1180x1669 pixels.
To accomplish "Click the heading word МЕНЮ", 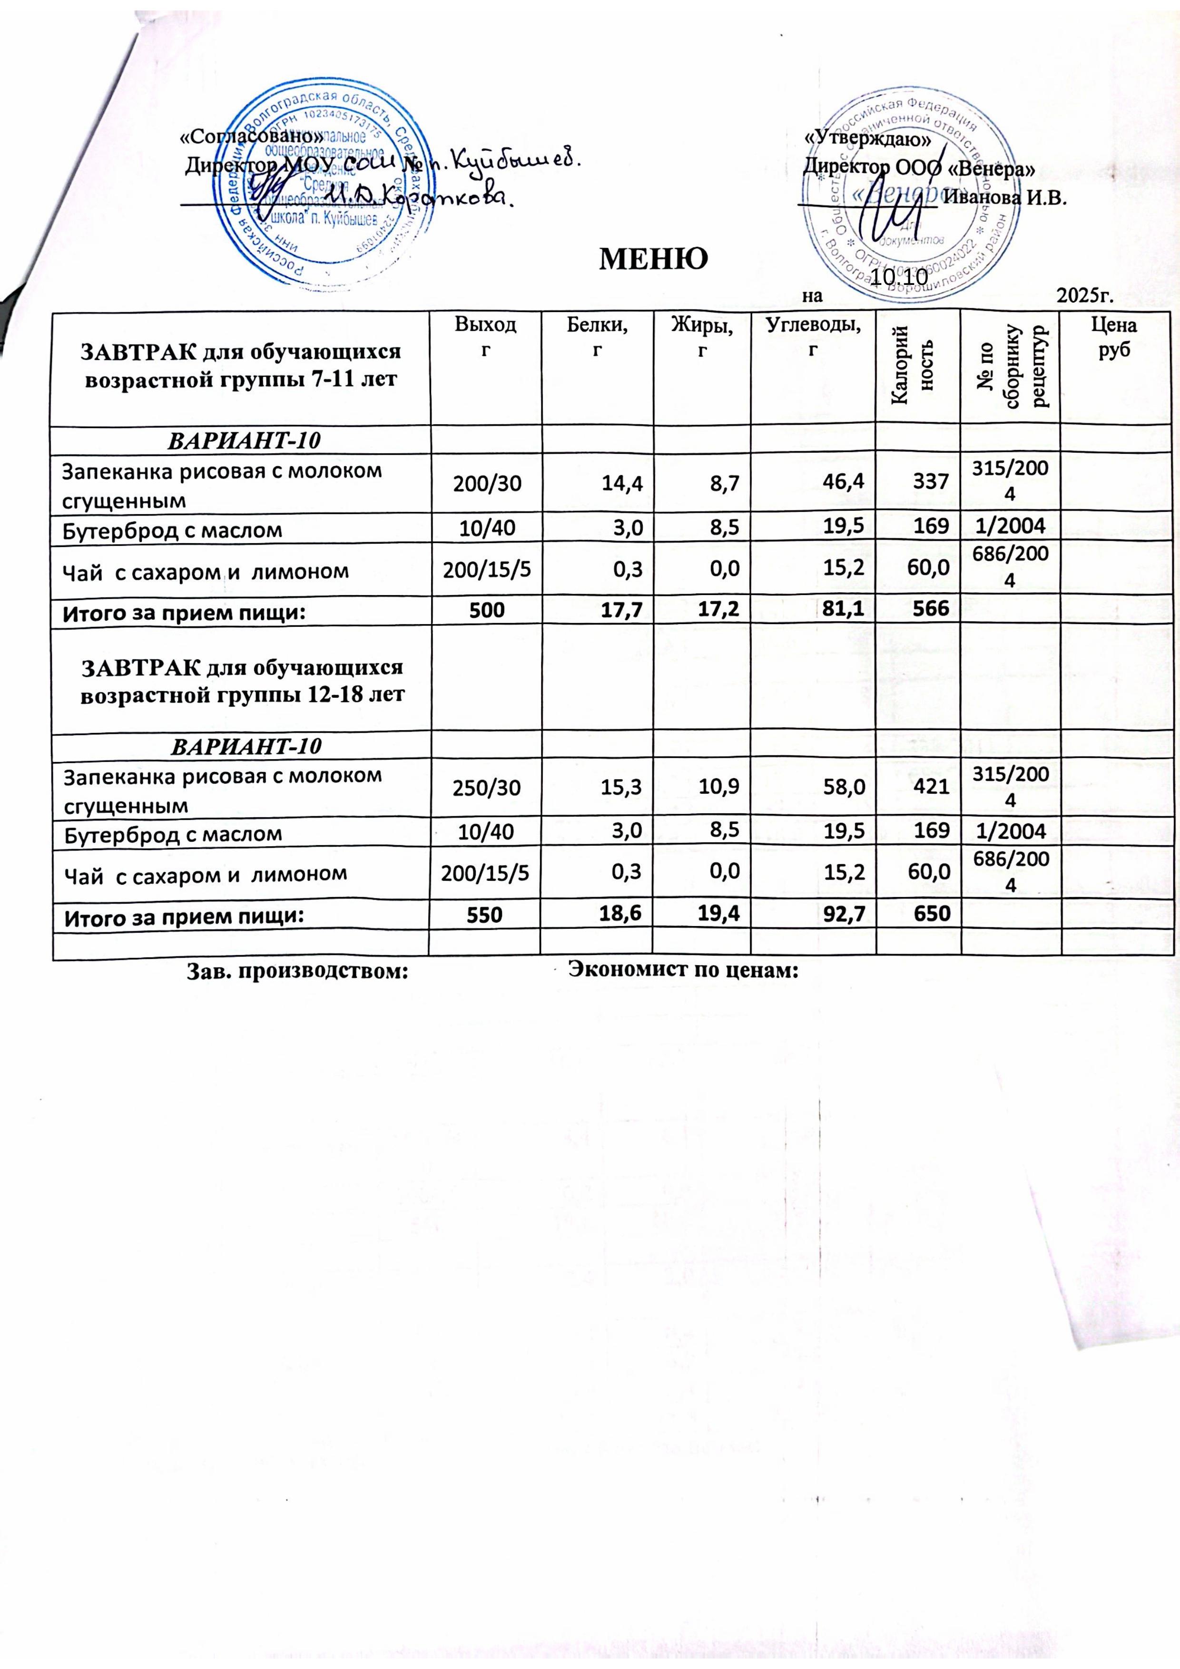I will [x=652, y=258].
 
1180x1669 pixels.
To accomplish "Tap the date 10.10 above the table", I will [x=899, y=277].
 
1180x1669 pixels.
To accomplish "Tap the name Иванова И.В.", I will [x=1005, y=198].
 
